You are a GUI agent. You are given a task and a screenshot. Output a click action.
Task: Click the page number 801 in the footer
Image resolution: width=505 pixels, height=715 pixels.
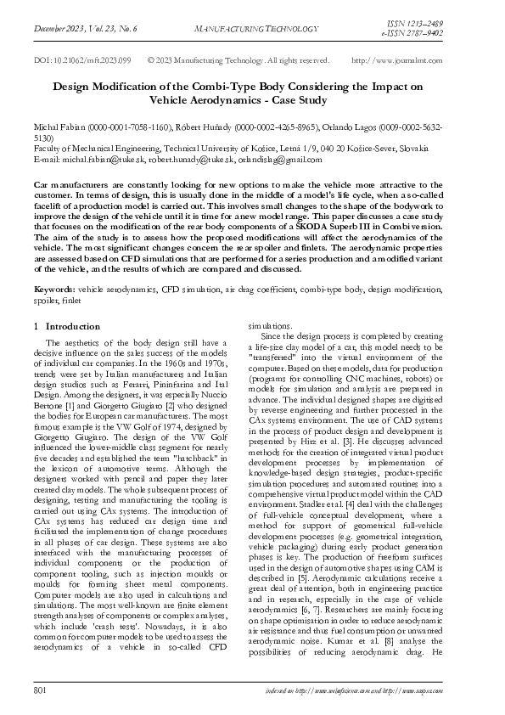pos(39,693)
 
